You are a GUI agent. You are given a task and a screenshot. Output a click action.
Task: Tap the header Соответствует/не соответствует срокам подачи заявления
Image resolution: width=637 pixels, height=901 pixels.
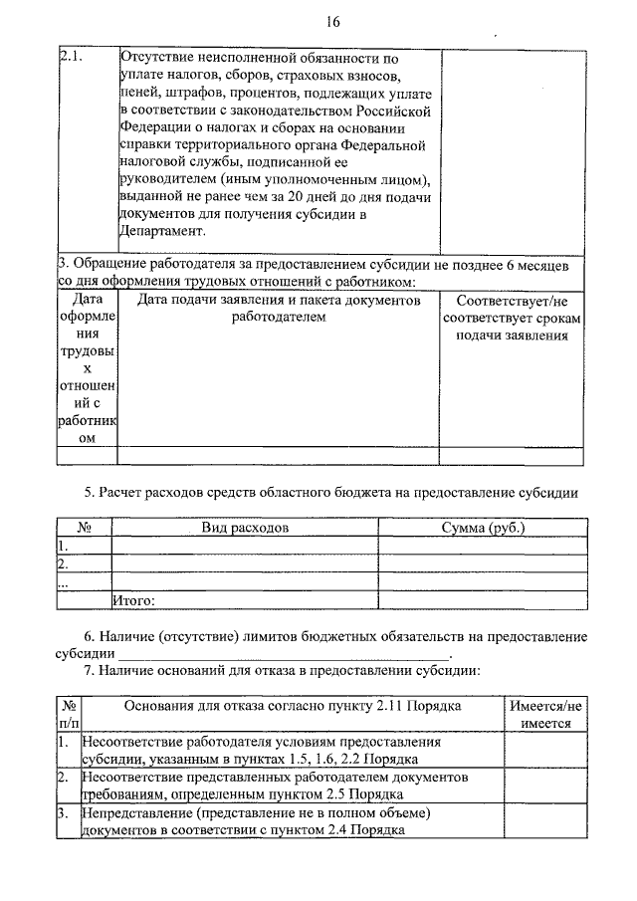512,318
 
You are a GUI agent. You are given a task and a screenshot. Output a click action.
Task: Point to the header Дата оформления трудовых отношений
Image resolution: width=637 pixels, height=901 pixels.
89,368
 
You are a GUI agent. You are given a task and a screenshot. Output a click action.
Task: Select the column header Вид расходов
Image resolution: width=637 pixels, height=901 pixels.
245,528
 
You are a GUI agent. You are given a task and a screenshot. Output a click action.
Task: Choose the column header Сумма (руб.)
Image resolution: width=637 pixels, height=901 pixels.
483,528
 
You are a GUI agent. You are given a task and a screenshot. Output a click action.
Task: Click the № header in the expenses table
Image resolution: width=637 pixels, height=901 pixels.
85,528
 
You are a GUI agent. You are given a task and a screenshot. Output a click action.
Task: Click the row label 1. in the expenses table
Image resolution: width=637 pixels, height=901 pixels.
63,546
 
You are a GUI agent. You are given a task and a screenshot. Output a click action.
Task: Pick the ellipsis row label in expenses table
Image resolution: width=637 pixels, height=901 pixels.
63,583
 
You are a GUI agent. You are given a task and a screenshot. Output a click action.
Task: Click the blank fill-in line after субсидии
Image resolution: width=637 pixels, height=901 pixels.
285,655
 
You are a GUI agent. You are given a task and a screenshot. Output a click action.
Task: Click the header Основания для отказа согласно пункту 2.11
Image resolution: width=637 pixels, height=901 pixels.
292,706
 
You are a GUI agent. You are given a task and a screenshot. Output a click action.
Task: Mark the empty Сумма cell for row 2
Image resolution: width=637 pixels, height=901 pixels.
483,564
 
